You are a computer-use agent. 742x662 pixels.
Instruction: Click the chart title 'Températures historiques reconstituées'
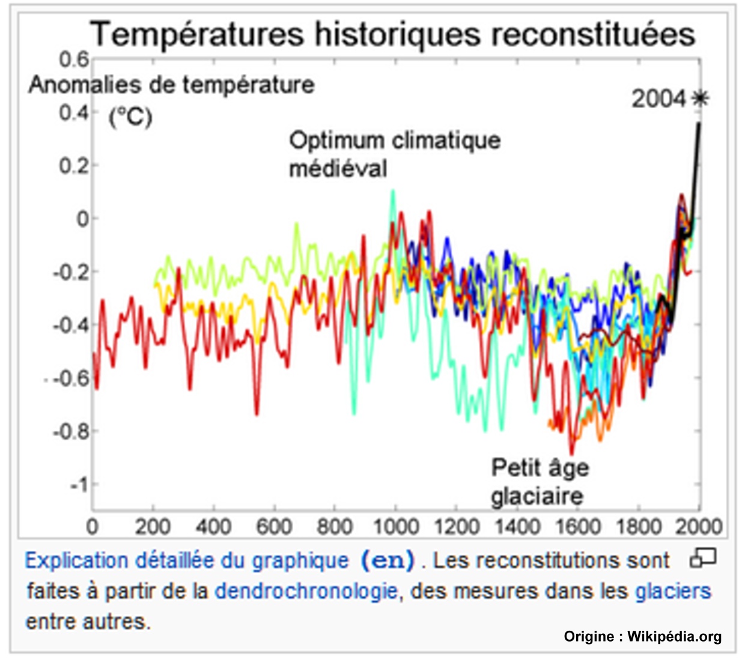(393, 34)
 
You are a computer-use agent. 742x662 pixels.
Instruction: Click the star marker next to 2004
(700, 98)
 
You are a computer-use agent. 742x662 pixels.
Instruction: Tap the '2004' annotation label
(658, 99)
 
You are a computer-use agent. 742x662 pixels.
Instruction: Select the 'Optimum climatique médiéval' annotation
(394, 154)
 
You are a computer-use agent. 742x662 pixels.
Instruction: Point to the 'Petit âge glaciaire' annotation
(539, 482)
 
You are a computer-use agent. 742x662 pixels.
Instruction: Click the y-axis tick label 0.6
(74, 59)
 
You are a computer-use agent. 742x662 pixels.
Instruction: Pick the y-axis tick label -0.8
(70, 431)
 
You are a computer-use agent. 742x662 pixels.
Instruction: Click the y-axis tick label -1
(78, 484)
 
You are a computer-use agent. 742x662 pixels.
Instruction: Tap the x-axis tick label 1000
(395, 527)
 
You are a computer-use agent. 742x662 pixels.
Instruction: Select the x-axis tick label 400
(213, 527)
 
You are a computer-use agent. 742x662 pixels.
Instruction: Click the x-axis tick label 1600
(577, 527)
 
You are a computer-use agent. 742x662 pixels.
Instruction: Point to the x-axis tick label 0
(93, 527)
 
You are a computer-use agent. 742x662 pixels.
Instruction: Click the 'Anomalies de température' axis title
(171, 85)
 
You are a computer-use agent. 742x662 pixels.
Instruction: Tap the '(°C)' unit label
(130, 116)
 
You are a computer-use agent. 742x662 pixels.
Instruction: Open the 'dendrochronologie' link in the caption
(306, 591)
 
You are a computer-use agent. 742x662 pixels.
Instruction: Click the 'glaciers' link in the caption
(673, 591)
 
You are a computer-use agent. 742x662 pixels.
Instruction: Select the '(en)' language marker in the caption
(388, 560)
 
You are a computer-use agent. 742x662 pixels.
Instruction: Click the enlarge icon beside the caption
(703, 557)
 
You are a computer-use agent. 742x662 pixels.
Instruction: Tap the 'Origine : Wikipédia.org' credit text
(642, 636)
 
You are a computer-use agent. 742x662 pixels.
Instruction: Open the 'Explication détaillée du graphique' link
(186, 560)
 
